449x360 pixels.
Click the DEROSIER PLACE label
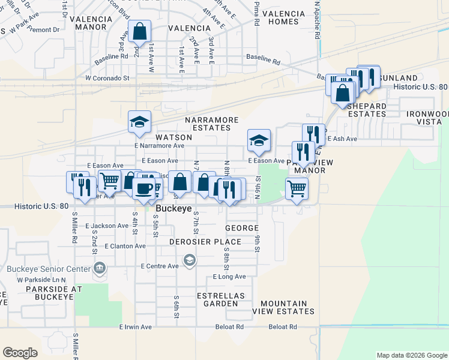(x=205, y=242)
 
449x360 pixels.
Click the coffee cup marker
(x=143, y=188)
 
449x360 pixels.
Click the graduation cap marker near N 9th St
(x=259, y=140)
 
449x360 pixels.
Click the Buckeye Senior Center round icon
(x=100, y=267)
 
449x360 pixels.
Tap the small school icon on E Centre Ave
(x=190, y=259)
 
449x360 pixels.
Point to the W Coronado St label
(x=107, y=78)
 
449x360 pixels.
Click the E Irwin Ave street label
(x=137, y=327)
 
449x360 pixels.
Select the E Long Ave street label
(x=229, y=277)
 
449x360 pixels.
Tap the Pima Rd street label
(x=256, y=13)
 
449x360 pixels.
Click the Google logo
(x=20, y=353)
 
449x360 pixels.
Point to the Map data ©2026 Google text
(x=411, y=355)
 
